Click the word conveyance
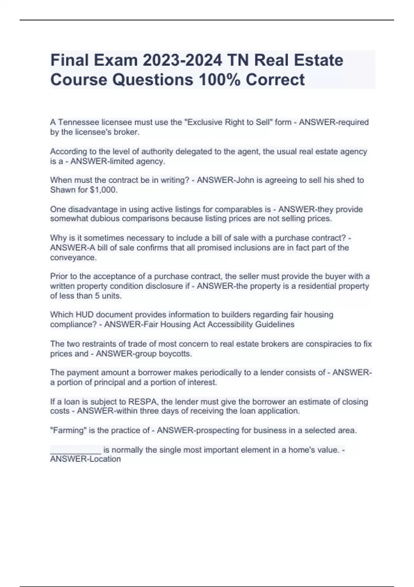pos(73,258)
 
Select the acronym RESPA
pos(142,402)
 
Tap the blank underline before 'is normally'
pos(76,450)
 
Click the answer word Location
pos(105,459)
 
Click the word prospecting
pos(217,430)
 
